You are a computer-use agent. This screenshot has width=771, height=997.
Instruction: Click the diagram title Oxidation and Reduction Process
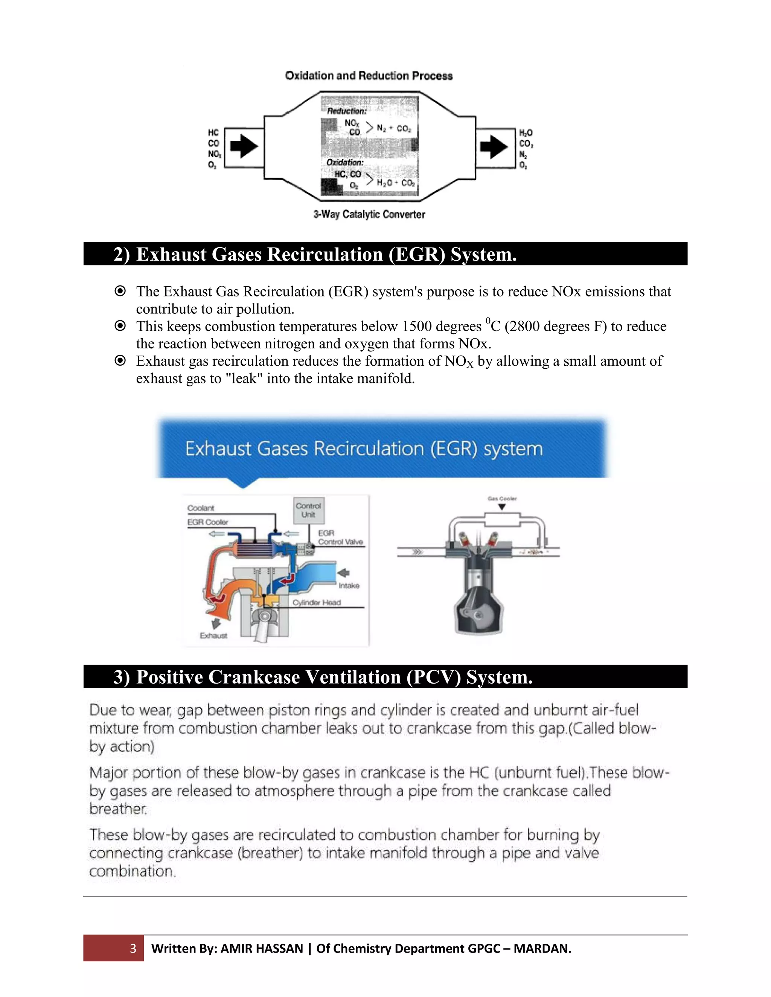(x=369, y=76)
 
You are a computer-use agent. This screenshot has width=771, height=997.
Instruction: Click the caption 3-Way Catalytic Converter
(x=369, y=214)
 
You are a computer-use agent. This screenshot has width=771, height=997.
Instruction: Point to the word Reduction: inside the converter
(x=347, y=111)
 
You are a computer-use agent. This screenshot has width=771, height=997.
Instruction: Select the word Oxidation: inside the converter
(x=345, y=162)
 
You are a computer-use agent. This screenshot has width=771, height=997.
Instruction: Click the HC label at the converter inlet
(x=213, y=133)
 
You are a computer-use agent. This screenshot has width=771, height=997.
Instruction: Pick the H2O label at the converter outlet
(x=526, y=133)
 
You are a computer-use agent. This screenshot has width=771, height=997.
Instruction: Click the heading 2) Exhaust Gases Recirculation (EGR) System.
(x=315, y=254)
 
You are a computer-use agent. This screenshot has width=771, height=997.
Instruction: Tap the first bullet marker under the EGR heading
(x=120, y=291)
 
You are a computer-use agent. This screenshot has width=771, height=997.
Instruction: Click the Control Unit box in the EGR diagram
(x=308, y=510)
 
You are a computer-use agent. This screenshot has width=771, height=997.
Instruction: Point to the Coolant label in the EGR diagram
(x=201, y=508)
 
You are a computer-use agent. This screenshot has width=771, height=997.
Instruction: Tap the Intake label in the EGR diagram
(x=349, y=586)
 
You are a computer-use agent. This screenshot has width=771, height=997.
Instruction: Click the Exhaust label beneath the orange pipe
(x=213, y=635)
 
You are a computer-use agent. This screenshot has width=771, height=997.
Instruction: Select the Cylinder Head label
(x=317, y=603)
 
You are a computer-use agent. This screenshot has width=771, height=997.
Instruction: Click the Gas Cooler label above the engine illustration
(x=502, y=498)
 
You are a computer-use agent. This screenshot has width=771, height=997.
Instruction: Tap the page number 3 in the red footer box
(x=133, y=948)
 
